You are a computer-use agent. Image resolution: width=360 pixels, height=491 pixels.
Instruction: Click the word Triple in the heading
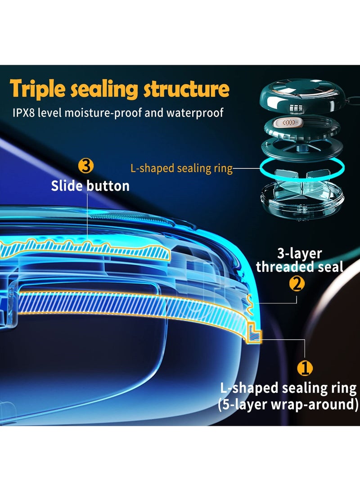click(x=37, y=89)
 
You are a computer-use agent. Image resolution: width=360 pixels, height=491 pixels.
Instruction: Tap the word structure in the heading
click(x=187, y=89)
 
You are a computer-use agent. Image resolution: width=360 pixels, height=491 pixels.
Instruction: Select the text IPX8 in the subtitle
click(x=23, y=113)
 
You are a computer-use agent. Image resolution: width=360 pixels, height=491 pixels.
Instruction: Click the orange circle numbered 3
click(x=86, y=166)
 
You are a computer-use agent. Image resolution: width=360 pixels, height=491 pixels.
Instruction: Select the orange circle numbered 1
click(x=305, y=368)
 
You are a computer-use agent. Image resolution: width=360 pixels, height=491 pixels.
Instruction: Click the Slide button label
click(x=90, y=186)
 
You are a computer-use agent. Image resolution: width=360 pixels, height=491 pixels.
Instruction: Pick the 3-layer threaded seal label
click(x=300, y=260)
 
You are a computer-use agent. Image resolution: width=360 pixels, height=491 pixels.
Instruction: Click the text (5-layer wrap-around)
click(x=288, y=404)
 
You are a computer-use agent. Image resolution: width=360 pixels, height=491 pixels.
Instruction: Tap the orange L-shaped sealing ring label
click(x=181, y=168)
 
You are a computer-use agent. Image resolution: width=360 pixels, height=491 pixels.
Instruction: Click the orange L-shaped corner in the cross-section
click(x=254, y=333)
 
